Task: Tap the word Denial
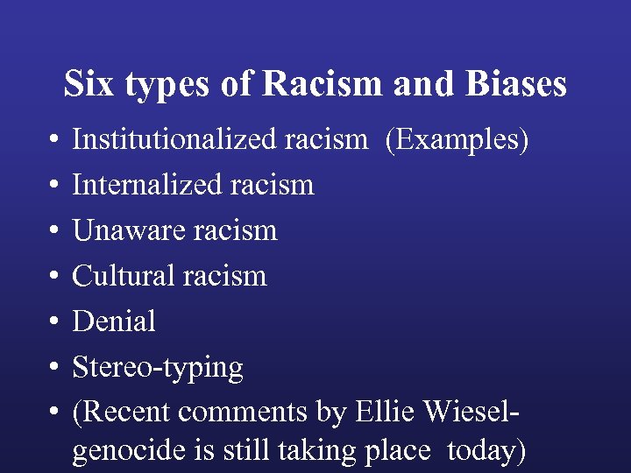114,321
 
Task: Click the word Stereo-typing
158,368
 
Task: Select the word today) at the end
486,451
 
